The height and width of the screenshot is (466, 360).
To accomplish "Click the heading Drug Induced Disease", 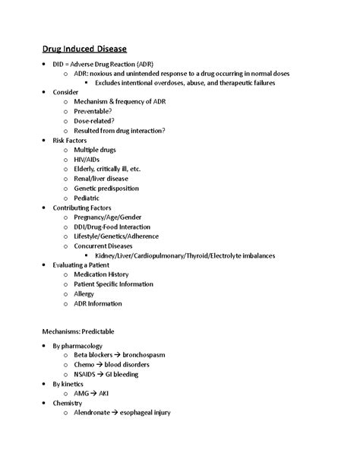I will [84, 49].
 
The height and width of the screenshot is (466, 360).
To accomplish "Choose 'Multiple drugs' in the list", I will [98, 150].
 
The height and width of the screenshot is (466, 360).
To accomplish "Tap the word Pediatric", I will [87, 198].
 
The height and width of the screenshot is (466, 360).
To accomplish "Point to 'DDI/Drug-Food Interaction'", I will [112, 227].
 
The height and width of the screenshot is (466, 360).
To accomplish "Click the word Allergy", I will [85, 293].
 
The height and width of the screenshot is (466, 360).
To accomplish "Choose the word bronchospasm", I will [151, 355].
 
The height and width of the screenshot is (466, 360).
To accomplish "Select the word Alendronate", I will [96, 412].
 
